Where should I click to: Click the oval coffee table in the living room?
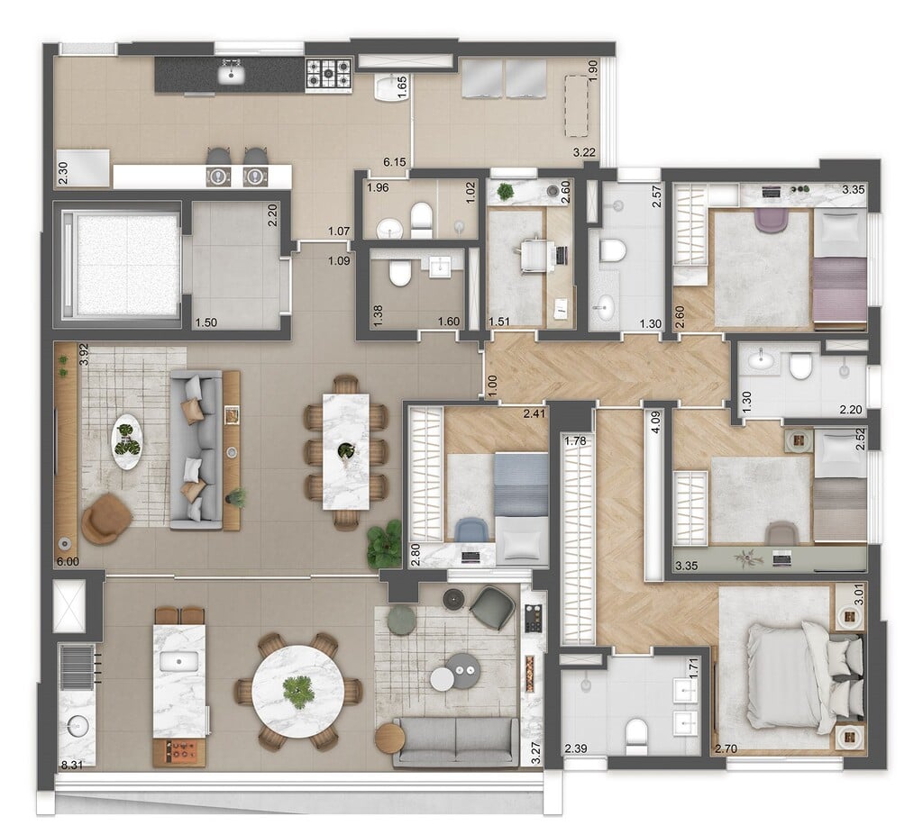[127, 440]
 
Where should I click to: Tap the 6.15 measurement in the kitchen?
[394, 162]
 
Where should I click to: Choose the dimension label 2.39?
[576, 748]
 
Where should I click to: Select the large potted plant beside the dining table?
[385, 543]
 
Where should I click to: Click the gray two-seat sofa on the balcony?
[455, 740]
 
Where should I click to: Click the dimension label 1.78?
[573, 440]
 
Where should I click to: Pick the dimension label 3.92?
[83, 354]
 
